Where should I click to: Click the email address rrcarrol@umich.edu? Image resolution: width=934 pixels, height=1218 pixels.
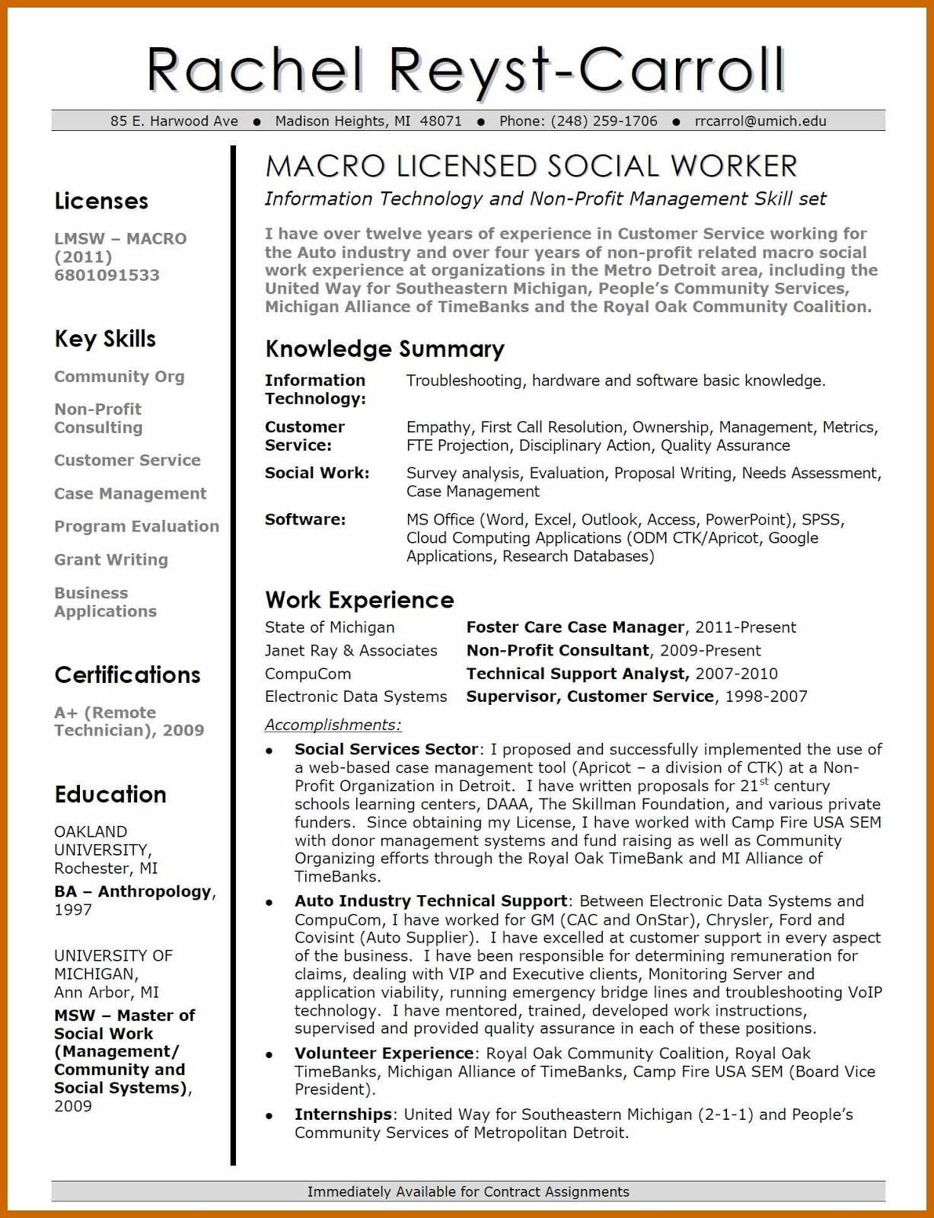[760, 121]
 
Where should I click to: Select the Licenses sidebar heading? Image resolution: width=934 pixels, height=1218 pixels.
[101, 201]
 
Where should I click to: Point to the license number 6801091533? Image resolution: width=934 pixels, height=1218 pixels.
[107, 276]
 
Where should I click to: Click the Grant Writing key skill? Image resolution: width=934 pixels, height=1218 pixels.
[111, 560]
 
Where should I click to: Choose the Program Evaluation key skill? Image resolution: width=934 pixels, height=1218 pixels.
[136, 526]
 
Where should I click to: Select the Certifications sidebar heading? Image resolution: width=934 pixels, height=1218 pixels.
[127, 674]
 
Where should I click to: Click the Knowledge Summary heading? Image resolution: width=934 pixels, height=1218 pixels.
[384, 349]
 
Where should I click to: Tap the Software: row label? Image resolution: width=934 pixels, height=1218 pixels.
[305, 520]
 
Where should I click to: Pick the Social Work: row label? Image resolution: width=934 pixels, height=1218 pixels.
[317, 473]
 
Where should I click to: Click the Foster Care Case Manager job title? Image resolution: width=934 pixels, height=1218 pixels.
[575, 627]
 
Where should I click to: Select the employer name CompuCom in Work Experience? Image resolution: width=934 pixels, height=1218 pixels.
[308, 674]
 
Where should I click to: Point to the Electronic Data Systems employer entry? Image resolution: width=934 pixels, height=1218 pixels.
[355, 697]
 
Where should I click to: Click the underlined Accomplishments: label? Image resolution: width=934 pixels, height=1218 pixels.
[333, 725]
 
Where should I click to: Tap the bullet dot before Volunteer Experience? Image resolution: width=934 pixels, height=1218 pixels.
[269, 1055]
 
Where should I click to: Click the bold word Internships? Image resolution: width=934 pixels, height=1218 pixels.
[343, 1114]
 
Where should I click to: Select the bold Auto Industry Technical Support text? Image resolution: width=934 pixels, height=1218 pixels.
[430, 901]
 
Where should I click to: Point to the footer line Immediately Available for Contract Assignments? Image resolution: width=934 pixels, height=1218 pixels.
[468, 1191]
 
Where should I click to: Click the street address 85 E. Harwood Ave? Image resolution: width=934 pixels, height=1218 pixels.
[174, 121]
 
